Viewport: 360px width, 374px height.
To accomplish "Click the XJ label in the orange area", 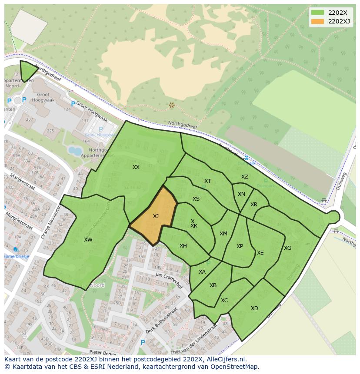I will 156,216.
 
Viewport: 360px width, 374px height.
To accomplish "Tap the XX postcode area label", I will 136,167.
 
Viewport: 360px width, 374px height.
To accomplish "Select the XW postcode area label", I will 88,240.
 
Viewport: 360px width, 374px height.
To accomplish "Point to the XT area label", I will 207,181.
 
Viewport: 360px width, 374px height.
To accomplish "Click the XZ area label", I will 245,177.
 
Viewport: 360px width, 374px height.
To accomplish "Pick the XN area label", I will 241,194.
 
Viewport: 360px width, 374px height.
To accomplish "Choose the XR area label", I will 254,205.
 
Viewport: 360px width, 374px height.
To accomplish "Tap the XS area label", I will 196,199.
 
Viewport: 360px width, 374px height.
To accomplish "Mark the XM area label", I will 223,234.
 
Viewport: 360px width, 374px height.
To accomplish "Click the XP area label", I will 240,246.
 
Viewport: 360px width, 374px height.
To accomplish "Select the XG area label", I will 287,248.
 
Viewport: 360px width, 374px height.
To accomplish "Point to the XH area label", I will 183,246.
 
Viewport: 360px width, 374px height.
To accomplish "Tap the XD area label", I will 254,308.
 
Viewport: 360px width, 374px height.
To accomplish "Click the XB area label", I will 213,285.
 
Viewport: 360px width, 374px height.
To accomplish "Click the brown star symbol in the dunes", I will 172,105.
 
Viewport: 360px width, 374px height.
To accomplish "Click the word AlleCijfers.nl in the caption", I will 225,359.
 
